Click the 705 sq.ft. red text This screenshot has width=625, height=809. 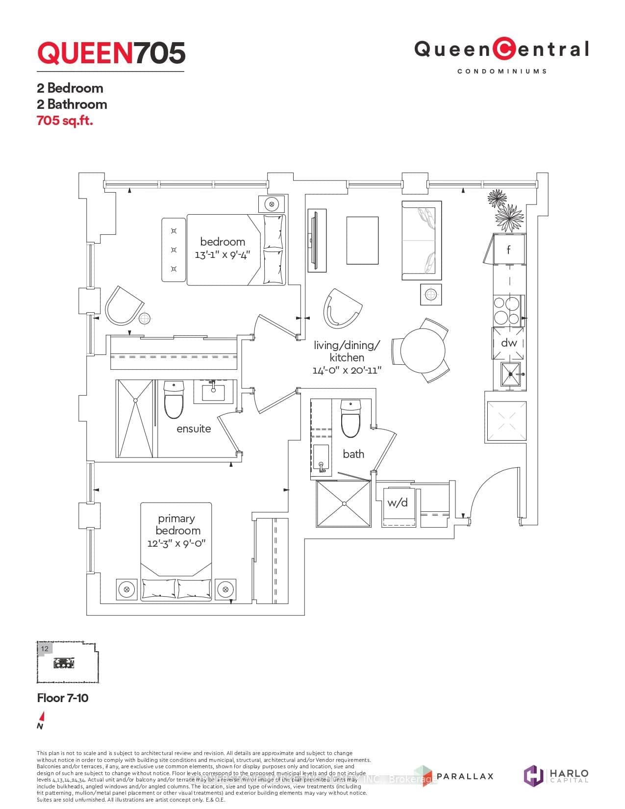(x=65, y=121)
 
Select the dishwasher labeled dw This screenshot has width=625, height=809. (x=508, y=343)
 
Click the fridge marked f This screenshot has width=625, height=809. (x=508, y=250)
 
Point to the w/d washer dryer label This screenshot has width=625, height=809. (x=397, y=503)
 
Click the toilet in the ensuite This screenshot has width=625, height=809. (x=174, y=400)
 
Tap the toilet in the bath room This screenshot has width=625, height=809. (x=350, y=419)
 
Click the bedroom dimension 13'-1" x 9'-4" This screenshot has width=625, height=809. (x=222, y=255)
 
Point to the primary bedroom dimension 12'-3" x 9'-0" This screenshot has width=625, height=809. (x=176, y=543)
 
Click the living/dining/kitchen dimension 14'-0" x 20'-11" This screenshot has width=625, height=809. (x=347, y=370)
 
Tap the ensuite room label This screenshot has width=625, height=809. (x=194, y=429)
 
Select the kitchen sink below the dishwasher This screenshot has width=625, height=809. (x=511, y=375)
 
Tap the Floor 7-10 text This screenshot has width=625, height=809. (x=63, y=698)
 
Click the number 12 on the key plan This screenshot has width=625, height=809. (x=45, y=649)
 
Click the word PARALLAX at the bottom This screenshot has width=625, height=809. (x=464, y=776)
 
